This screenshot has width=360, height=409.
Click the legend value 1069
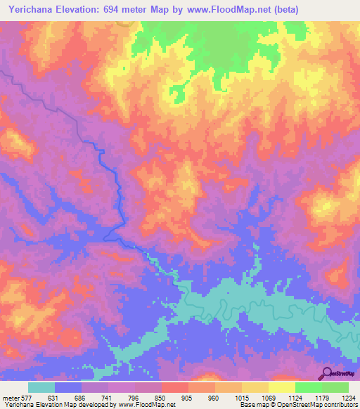[x=268, y=397]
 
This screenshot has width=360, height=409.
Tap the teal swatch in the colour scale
[x=41, y=387]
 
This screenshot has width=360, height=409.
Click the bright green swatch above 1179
[x=308, y=387]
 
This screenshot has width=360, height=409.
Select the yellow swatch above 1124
[x=281, y=387]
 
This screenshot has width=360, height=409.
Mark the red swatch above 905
[x=174, y=387]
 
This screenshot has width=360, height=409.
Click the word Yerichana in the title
[x=31, y=10]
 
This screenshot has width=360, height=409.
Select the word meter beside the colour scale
[x=11, y=397]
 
